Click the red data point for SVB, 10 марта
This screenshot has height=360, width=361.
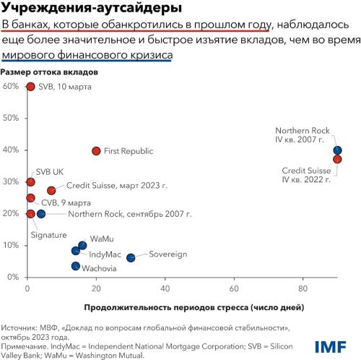30,87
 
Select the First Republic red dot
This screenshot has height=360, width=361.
96,151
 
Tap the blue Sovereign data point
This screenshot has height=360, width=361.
131,257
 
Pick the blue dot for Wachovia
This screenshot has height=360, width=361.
76,266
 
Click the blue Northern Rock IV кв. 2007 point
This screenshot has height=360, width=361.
337,150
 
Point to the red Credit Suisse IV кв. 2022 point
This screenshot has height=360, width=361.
337,159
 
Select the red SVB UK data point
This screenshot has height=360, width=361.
30,182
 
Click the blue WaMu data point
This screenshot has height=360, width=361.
82,245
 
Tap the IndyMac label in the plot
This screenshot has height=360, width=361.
104,254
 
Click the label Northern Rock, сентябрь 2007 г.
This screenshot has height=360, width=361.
131,214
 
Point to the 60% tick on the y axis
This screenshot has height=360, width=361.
11,86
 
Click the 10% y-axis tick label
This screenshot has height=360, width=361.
11,246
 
